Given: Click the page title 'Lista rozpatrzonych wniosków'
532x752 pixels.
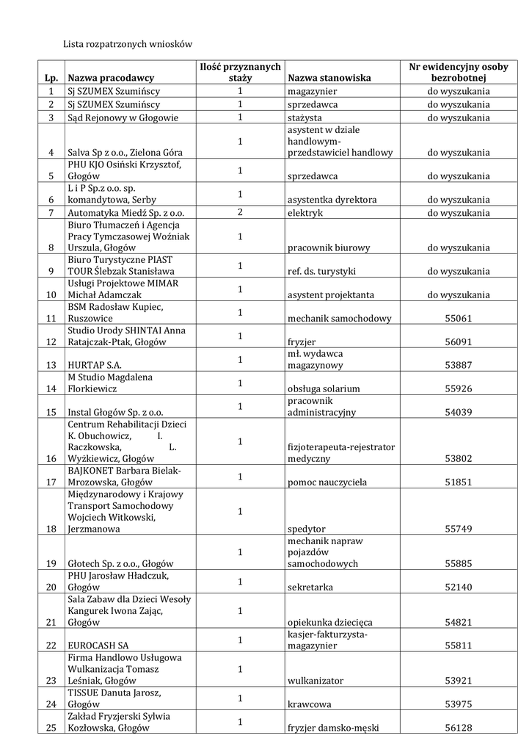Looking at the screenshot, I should tap(127, 45).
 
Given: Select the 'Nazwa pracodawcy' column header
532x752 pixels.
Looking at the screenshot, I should tap(111, 78).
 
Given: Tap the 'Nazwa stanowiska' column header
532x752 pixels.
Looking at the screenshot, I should tap(329, 78).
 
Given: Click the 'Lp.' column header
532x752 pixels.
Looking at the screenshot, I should tap(51, 78).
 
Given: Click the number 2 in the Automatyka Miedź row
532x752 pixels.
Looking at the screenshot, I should tap(240, 212).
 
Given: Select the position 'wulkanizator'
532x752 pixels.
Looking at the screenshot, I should tap(316, 681).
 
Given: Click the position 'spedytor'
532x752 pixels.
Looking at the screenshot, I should tap(307, 529).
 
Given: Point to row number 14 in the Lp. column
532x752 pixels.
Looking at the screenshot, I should tap(51, 389).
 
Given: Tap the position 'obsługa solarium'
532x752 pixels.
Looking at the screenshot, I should tap(324, 389).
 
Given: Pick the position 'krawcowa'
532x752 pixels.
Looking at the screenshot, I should tap(310, 705).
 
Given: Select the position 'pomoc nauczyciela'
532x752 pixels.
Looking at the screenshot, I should tap(327, 482).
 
